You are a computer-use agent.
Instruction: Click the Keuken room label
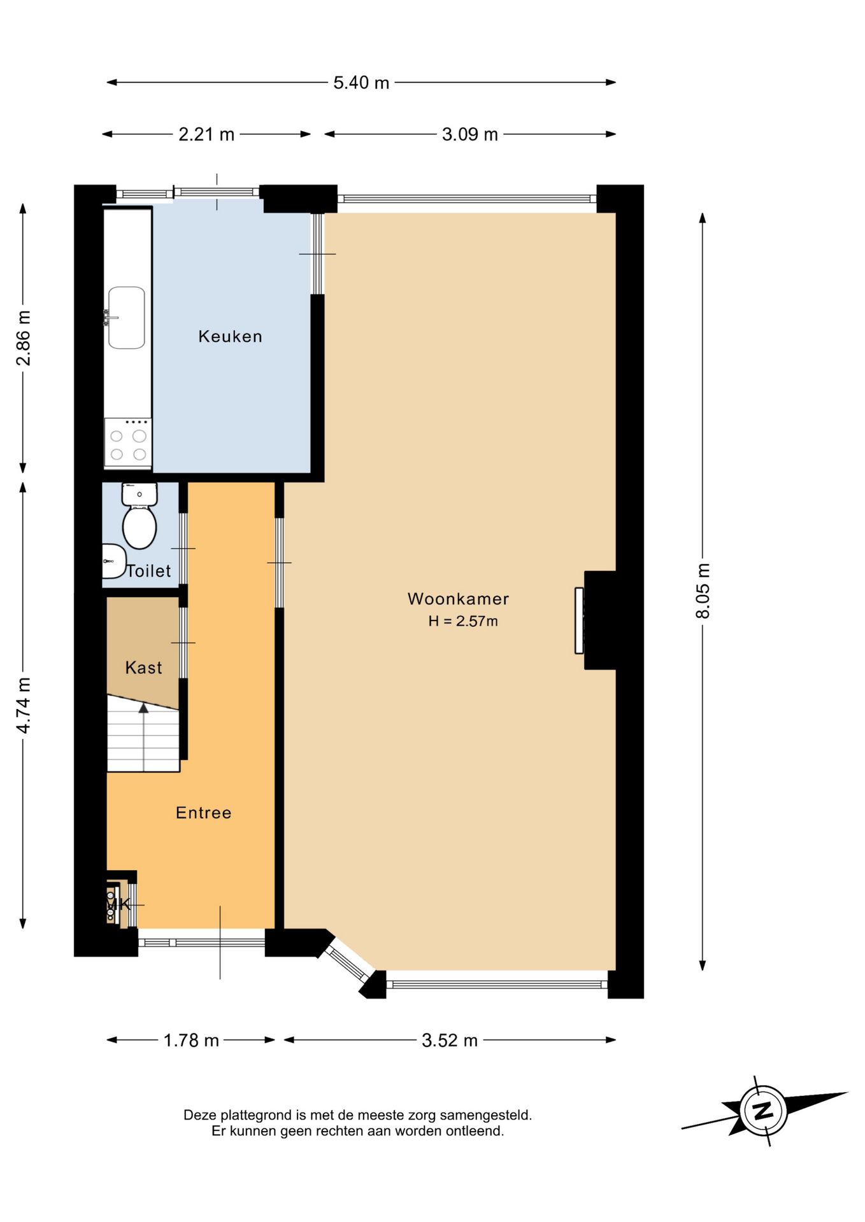click(x=230, y=336)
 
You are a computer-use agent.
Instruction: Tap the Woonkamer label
click(x=458, y=599)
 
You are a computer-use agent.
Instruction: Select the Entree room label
click(x=203, y=813)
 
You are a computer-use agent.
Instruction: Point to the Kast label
click(x=143, y=668)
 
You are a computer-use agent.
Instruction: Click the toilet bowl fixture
click(x=139, y=516)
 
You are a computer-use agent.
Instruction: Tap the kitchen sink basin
click(x=126, y=318)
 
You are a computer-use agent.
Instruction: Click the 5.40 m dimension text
click(x=361, y=83)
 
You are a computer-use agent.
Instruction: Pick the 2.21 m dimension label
click(x=206, y=134)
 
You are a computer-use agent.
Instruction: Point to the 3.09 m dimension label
click(x=470, y=134)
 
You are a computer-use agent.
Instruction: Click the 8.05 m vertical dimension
click(x=703, y=591)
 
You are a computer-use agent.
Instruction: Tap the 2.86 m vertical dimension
click(x=23, y=338)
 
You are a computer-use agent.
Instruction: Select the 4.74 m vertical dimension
click(x=23, y=705)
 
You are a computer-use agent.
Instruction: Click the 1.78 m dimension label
click(x=191, y=1040)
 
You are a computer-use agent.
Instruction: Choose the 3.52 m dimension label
click(x=450, y=1040)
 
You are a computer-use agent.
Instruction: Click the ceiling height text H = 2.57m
click(x=463, y=621)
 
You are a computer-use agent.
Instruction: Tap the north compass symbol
click(x=763, y=1111)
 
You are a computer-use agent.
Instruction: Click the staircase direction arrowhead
click(x=143, y=708)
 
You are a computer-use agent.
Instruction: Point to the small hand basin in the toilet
click(x=113, y=561)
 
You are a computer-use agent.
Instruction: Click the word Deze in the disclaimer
click(x=199, y=1114)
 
